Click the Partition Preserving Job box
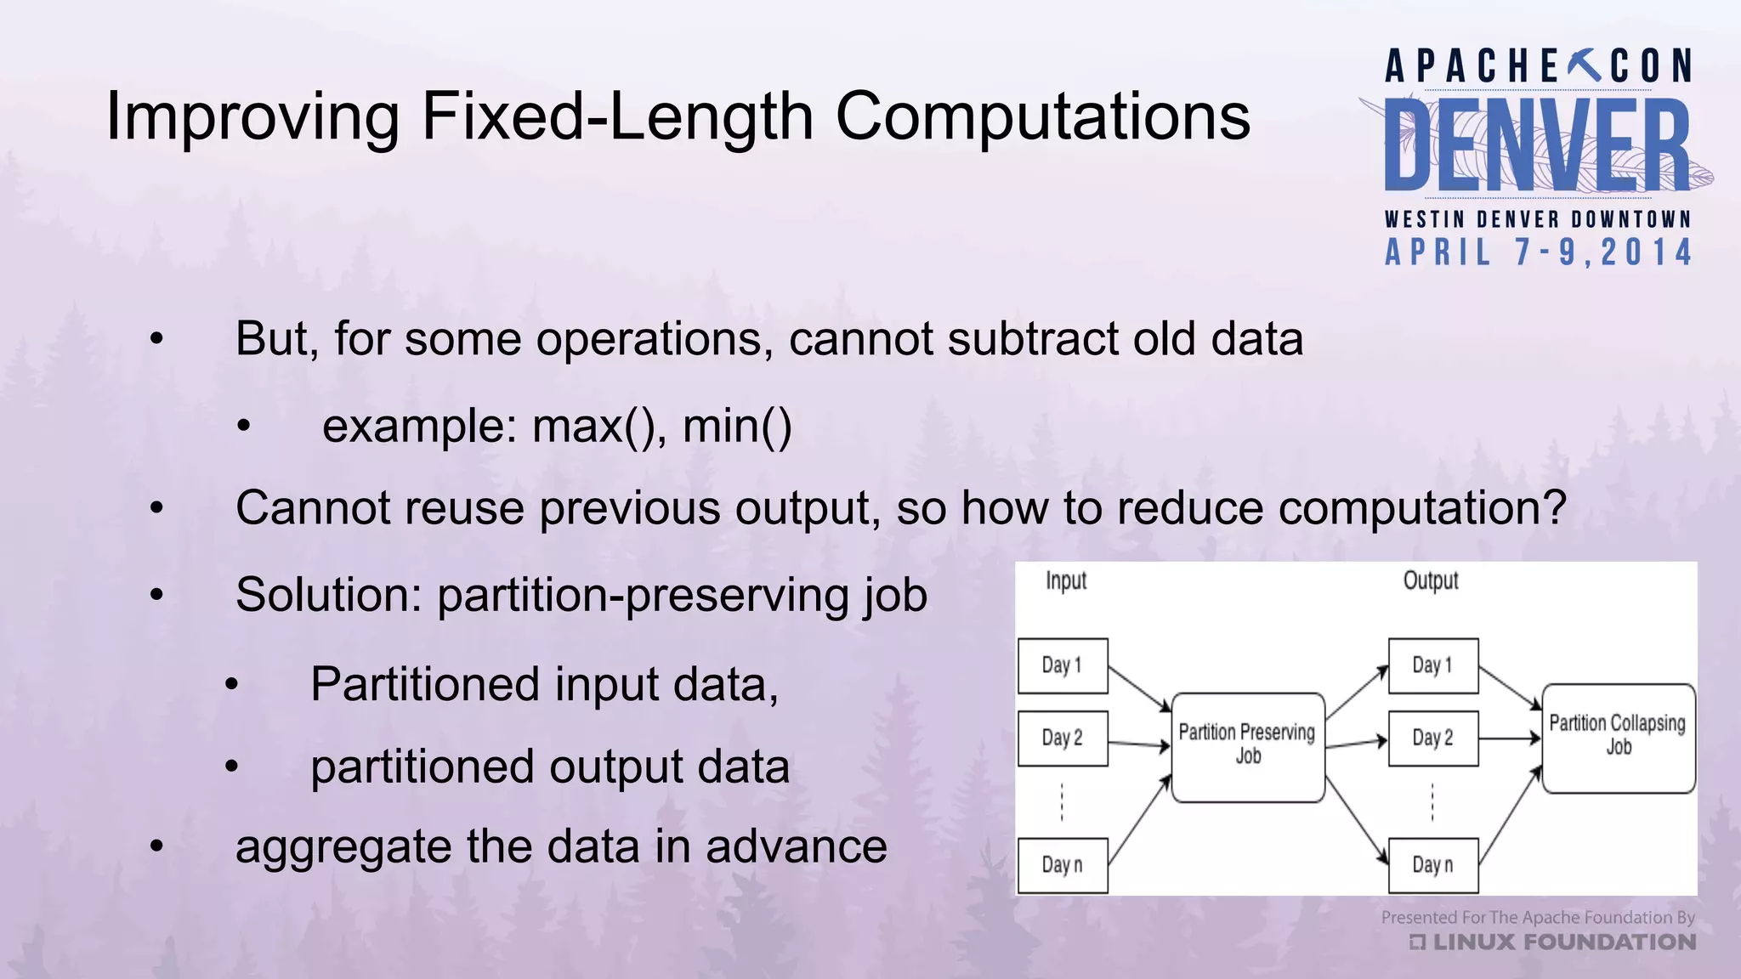pyautogui.click(x=1247, y=746)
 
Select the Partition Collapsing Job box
pyautogui.click(x=1618, y=738)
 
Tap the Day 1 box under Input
pyautogui.click(x=1063, y=665)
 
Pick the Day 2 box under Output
pyautogui.click(x=1432, y=738)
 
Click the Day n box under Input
pyautogui.click(x=1063, y=865)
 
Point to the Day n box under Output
pyautogui.click(x=1432, y=865)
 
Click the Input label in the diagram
pyautogui.click(x=1065, y=581)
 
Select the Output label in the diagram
pyautogui.click(x=1430, y=581)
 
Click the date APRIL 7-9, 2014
pyautogui.click(x=1538, y=252)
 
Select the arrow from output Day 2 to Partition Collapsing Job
pyautogui.click(x=1510, y=738)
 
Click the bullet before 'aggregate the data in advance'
pyautogui.click(x=156, y=846)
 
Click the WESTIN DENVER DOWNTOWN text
pyautogui.click(x=1538, y=219)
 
